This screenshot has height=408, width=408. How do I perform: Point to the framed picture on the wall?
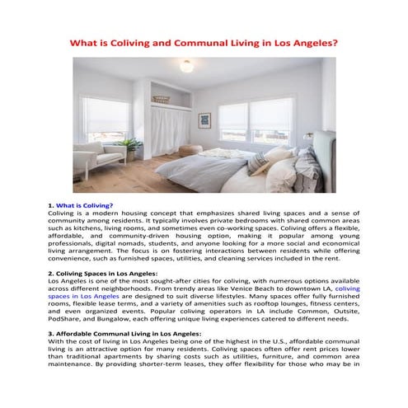coord(204,121)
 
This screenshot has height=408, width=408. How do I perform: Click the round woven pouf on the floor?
coord(190,152)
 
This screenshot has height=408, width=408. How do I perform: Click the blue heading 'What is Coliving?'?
coord(84,204)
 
